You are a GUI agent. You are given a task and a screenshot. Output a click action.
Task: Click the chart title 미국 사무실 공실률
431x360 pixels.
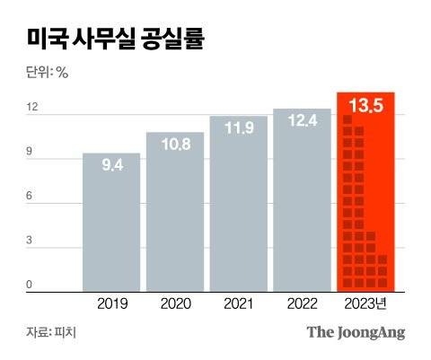click(x=114, y=41)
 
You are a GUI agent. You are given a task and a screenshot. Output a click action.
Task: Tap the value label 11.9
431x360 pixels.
click(x=238, y=127)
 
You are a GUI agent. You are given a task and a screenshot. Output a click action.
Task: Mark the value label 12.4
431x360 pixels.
click(x=302, y=119)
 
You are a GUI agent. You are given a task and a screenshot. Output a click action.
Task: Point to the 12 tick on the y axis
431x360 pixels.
click(x=32, y=108)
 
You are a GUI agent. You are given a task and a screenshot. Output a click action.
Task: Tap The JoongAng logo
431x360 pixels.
click(x=356, y=332)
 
